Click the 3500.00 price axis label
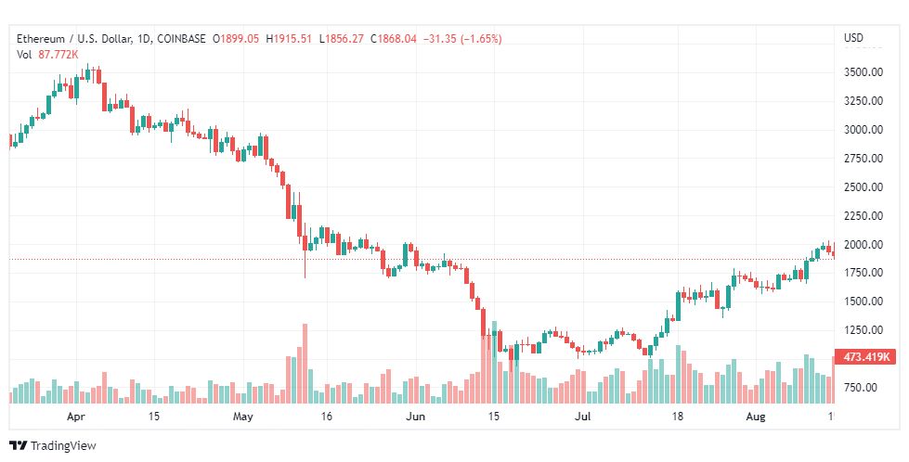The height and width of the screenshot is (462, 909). coord(864,72)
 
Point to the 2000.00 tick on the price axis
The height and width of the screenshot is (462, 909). coord(864,244)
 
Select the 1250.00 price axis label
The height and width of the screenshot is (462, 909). coord(864,330)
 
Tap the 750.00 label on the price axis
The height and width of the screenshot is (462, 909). coord(860,387)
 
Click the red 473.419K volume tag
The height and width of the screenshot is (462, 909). coord(865,356)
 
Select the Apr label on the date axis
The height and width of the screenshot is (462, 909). coord(76,417)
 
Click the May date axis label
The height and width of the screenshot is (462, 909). coord(243,417)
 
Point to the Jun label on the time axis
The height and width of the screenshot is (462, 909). coord(416,417)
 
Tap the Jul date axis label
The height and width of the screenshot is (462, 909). coord(582,417)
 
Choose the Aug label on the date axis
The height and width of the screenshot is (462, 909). coord(756,417)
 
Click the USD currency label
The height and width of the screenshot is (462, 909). coord(853,38)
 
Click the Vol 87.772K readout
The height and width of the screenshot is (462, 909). coord(47,55)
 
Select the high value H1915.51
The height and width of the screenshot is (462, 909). coord(289,39)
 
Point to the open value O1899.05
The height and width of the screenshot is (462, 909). coord(235,39)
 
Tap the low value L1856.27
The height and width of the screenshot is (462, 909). coord(342,39)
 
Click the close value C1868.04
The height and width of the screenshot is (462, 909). coord(394,39)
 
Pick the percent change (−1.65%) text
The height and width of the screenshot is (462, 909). coord(481,39)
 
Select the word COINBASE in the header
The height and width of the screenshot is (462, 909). coord(181,39)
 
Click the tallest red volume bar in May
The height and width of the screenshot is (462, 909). coord(305,364)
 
